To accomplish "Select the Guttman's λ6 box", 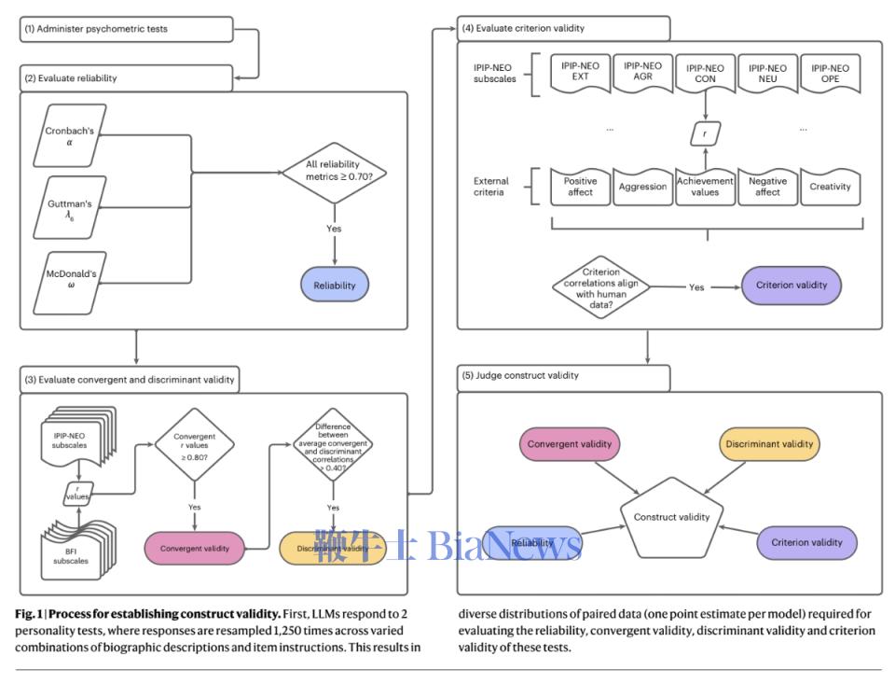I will coord(69,209).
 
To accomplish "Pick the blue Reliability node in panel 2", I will coord(334,285).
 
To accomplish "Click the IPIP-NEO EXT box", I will coord(580,73).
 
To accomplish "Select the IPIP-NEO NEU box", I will coord(767,73).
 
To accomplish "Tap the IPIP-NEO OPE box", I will coord(830,73).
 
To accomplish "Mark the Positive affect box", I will coord(580,187).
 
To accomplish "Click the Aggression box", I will coord(642,187).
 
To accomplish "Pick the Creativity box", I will coord(830,187).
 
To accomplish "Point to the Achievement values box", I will coord(705,187).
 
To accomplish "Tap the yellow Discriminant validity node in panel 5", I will coord(769,444).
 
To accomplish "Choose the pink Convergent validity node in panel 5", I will coord(568,444).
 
